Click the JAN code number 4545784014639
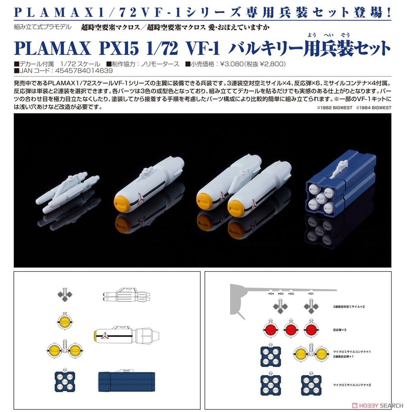tap(84, 71)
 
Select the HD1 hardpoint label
tap(311, 293)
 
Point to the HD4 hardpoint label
tap(271, 293)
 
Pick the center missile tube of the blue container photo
tap(321, 198)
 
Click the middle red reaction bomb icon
tap(291, 329)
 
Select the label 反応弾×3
tap(339, 330)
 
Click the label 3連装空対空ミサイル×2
tap(349, 307)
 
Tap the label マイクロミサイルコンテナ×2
tap(352, 385)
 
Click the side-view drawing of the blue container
tap(126, 381)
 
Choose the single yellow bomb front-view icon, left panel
tap(65, 321)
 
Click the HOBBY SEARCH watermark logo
tap(378, 405)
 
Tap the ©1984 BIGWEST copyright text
tap(374, 108)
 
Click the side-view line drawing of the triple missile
tap(126, 295)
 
